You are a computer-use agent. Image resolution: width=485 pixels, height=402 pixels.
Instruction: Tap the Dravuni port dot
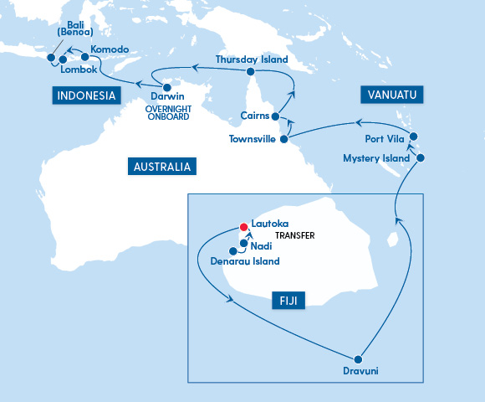[360, 357]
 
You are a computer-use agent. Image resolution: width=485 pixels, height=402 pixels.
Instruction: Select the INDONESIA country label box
[85, 95]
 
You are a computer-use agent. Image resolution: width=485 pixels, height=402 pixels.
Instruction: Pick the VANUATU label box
[389, 93]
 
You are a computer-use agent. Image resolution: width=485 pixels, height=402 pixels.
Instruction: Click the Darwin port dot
[167, 88]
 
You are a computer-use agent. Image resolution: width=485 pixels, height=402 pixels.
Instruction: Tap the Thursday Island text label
[251, 59]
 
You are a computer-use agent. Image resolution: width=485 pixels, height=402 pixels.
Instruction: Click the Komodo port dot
[84, 58]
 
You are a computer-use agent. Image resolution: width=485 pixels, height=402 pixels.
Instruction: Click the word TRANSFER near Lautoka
[294, 236]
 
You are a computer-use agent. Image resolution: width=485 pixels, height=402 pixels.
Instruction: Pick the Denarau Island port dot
[232, 250]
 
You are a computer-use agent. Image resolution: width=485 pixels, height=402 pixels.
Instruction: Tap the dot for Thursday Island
[251, 72]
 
